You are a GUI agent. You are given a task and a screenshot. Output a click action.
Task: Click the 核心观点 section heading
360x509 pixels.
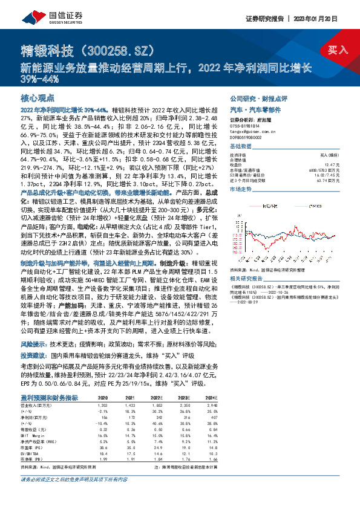coord(38,97)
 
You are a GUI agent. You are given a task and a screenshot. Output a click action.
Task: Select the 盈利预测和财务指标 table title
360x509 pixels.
coord(49,398)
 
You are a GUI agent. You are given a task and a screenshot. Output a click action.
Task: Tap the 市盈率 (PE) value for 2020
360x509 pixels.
coord(102,446)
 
